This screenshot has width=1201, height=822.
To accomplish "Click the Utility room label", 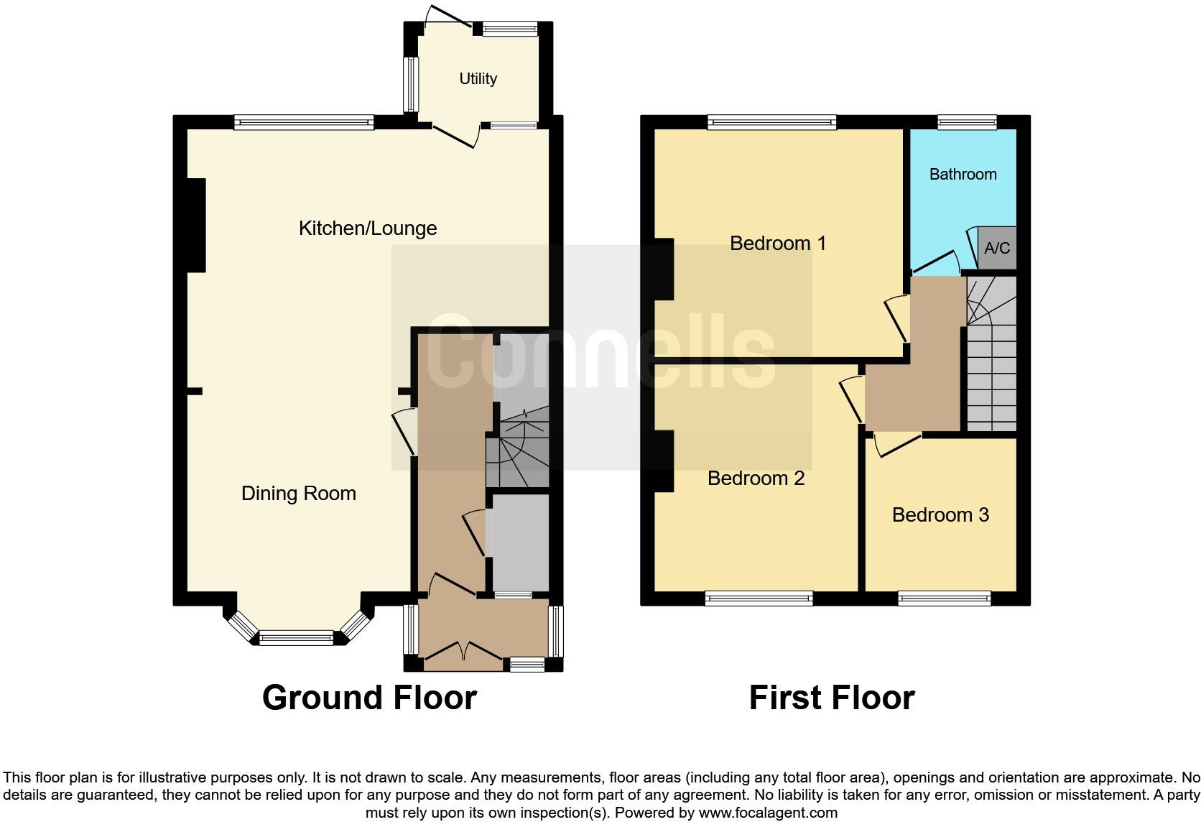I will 478,78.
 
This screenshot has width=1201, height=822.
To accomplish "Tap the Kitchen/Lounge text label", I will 368,228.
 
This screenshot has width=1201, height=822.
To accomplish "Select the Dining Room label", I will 298,493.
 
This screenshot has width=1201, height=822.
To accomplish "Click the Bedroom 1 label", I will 778,243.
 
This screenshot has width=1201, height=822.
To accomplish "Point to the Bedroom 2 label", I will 756,478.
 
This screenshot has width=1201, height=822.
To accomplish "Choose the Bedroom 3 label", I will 940,514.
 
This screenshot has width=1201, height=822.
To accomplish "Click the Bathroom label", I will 963,174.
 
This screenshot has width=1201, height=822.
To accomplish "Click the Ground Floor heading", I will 369,698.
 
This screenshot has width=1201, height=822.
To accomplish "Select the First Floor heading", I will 831,698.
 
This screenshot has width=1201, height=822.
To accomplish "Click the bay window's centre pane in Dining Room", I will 296,637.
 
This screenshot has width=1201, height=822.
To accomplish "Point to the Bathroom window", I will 967,123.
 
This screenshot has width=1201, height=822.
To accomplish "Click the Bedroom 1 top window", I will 771,123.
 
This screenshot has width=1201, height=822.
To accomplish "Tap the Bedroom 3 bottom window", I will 944,598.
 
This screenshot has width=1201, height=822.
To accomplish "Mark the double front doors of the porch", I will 464,652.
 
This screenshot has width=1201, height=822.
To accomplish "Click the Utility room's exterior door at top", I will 448,18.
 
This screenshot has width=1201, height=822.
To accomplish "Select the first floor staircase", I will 991,359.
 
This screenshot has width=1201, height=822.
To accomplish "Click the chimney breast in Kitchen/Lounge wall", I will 195,225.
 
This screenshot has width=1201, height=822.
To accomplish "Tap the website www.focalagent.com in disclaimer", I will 767,813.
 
